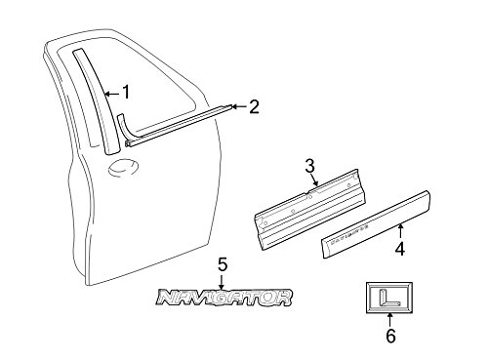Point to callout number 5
222,264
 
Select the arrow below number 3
311,182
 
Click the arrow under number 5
222,280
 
